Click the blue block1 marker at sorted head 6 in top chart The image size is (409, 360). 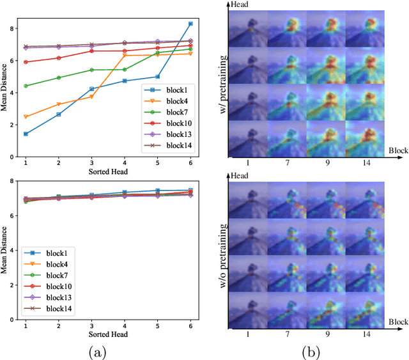point(190,24)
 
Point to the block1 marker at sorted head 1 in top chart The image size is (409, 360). point(26,134)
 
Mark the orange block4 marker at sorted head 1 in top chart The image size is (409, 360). point(26,116)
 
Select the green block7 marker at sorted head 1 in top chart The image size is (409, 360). point(26,86)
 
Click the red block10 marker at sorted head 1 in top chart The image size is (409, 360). point(26,62)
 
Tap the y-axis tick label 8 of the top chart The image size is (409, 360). point(12,29)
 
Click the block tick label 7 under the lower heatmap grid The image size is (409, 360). point(287,333)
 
